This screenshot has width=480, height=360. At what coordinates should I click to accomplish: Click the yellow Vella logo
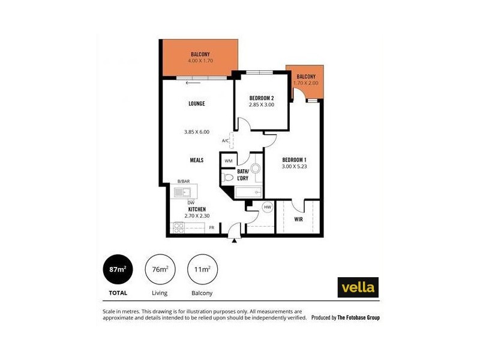(358, 287)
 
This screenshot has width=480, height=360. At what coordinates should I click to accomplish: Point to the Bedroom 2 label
(261, 98)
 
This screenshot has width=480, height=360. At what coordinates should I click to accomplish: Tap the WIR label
(298, 220)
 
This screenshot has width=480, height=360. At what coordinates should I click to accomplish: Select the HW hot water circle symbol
(268, 207)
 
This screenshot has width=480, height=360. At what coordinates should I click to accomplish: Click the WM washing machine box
(229, 161)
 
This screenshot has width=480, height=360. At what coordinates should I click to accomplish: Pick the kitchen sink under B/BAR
(182, 192)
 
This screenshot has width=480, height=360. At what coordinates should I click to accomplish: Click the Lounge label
(196, 104)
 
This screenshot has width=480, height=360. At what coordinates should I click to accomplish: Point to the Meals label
(196, 160)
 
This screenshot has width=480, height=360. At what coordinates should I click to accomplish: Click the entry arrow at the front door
(234, 241)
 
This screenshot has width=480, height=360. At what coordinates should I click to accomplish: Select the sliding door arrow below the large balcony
(194, 83)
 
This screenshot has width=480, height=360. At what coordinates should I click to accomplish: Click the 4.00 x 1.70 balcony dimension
(200, 61)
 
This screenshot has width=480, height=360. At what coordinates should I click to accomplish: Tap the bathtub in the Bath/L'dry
(249, 192)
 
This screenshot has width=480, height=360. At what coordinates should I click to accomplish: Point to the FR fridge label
(212, 228)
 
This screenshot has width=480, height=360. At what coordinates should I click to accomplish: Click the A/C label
(226, 141)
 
